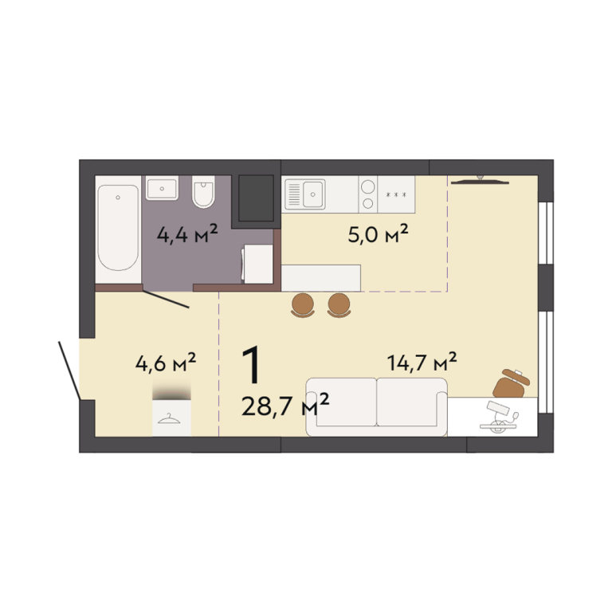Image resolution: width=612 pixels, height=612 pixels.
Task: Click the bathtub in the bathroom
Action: point(118,229)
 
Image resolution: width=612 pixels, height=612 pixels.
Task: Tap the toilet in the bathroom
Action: point(203,191)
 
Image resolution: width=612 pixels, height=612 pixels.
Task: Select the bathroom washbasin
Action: point(162,188)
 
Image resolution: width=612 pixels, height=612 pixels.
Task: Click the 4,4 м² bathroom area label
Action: point(187,233)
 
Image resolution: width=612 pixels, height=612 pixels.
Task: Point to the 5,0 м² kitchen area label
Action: point(378,233)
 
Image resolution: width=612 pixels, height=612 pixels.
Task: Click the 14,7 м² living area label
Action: point(422,362)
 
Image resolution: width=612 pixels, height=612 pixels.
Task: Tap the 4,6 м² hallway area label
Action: point(166,362)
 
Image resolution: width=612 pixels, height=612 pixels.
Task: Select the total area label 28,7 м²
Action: point(285,406)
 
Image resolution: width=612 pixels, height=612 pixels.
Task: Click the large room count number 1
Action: point(251,365)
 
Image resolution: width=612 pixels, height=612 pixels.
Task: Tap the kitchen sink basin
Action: point(313,194)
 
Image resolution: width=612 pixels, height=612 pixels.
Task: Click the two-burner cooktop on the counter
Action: point(368,194)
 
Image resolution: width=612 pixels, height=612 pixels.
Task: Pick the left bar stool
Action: point(303,305)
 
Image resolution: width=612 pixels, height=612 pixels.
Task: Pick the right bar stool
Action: point(339,305)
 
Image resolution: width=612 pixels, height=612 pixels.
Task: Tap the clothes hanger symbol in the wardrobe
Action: point(169,419)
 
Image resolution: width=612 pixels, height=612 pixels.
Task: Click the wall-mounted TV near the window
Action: point(480,180)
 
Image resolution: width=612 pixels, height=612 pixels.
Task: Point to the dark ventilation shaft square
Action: point(256,198)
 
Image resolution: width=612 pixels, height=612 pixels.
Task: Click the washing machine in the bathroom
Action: point(257,264)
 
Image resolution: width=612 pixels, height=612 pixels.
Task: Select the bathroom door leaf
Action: point(166,300)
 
